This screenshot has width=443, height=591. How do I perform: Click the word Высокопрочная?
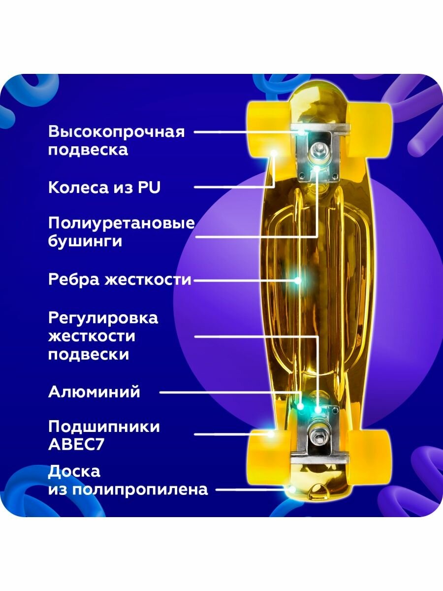click(116, 132)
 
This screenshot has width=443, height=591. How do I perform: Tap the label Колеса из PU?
click(104, 187)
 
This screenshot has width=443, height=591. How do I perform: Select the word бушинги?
click(85, 242)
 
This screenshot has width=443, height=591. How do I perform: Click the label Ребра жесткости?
click(120, 280)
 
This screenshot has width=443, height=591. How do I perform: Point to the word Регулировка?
click(103, 318)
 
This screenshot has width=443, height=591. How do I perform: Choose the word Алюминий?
click(94, 392)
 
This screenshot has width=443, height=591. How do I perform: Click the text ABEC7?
click(76, 444)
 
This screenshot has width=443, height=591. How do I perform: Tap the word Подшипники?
click(104, 427)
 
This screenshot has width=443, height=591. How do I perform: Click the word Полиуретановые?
click(122, 223)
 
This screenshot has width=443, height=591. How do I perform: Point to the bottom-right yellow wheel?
click(375, 449)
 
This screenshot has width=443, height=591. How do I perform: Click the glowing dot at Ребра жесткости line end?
click(297, 280)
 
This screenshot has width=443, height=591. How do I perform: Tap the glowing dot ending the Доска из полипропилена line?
click(292, 490)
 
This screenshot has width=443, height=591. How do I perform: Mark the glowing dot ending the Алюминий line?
click(301, 407)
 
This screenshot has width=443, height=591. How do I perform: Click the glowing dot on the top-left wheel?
click(274, 153)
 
